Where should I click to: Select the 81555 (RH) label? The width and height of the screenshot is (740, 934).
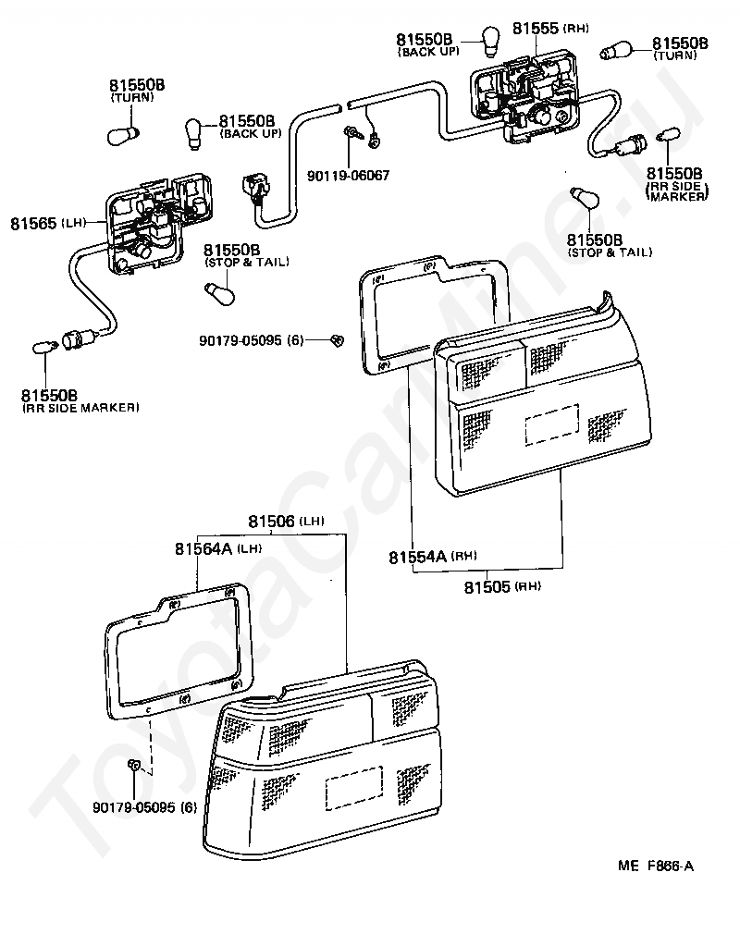(550, 29)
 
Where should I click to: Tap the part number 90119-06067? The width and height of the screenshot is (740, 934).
(348, 174)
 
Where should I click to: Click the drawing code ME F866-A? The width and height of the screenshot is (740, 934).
(656, 866)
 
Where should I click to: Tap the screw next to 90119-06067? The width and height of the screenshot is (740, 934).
(354, 135)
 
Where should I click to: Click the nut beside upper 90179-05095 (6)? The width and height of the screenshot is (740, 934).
(337, 340)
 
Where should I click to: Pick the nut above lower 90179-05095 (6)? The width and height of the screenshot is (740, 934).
(135, 766)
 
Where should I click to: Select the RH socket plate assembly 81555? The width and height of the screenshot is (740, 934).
(523, 100)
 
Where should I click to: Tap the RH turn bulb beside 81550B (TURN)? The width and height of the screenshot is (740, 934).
(618, 51)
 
